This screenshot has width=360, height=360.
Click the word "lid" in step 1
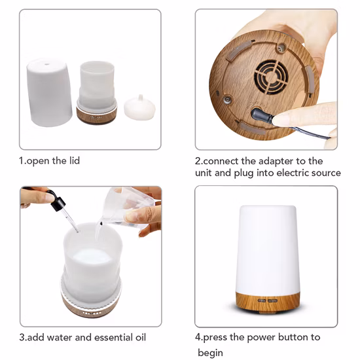point(75,160)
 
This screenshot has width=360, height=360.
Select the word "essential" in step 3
point(110,337)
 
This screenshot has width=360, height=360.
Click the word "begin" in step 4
point(210,353)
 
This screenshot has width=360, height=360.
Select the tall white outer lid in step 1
point(49,92)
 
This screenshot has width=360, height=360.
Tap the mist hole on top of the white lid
point(47,64)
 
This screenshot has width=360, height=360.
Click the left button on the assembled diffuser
point(262,300)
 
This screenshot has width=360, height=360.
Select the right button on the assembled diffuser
point(272,301)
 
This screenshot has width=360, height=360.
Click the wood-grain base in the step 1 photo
point(97,115)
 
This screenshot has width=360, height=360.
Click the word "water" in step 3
point(60,337)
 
